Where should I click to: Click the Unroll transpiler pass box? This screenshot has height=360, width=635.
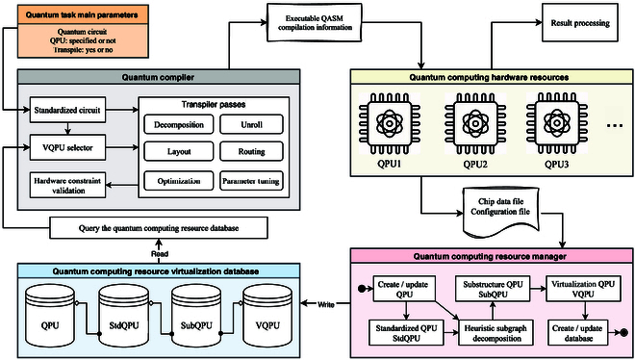pos(251,125)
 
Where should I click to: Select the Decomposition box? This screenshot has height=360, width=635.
pos(179,125)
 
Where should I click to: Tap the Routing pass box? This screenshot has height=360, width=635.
pos(251,151)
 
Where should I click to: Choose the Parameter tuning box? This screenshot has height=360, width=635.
pos(251,181)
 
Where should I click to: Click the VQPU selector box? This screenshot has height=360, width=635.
pos(67,148)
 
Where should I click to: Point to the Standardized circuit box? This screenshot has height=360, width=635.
pos(67,110)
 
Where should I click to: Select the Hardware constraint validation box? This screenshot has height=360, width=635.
pos(67,186)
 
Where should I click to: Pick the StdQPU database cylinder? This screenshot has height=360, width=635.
pos(123,316)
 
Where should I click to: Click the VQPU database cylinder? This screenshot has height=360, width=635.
pos(267,316)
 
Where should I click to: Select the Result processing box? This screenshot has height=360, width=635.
pos(580,23)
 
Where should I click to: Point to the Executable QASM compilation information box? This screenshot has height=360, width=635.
pos(314,23)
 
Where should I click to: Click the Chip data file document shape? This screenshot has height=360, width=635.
pos(500,213)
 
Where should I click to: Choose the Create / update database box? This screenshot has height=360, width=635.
pos(577,333)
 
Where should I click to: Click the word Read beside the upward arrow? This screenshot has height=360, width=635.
pos(159,254)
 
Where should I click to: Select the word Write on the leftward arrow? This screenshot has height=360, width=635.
pos(325,304)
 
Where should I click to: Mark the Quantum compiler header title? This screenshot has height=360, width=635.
pos(158,77)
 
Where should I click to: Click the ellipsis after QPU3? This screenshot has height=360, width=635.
pos(615,126)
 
